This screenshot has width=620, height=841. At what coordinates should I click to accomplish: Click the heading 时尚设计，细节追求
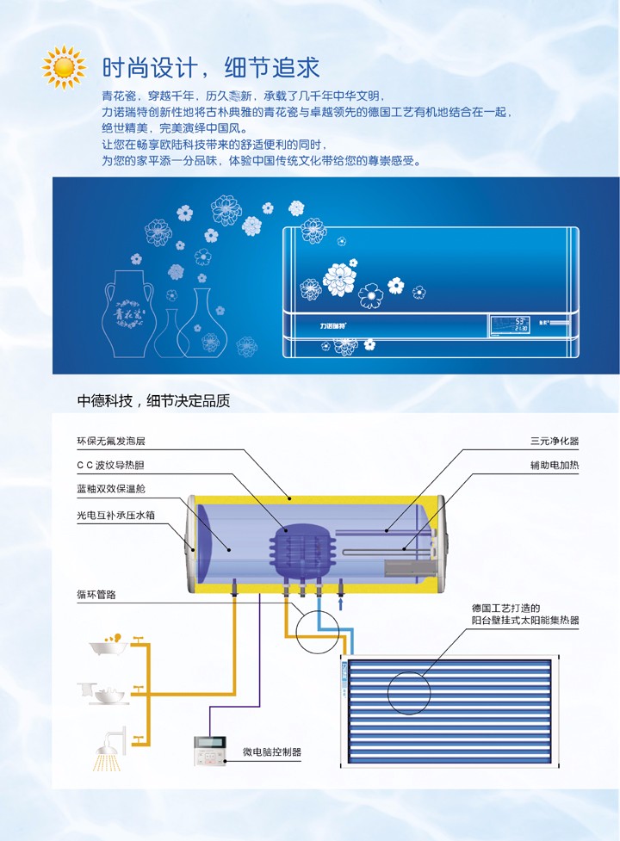(211, 67)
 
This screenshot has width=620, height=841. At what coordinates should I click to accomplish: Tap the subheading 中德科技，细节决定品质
(153, 400)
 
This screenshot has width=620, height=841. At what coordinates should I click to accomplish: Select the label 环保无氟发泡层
(111, 441)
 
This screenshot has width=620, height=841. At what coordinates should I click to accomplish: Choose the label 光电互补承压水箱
(116, 515)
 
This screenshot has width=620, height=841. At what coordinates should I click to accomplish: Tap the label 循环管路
(96, 595)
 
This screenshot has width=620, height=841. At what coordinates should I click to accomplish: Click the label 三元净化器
(555, 441)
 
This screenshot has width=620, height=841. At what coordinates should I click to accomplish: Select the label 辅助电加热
(555, 466)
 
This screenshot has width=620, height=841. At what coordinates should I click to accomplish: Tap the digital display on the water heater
(508, 325)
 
